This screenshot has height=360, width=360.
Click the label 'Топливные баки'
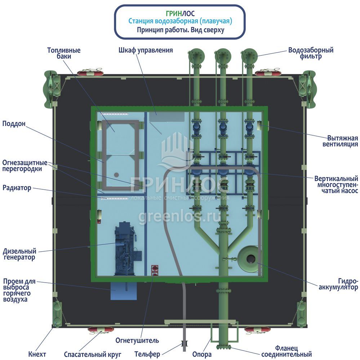[x=64, y=53]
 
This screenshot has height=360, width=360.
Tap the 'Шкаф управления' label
[x=146, y=50]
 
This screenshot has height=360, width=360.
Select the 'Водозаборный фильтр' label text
[x=311, y=53]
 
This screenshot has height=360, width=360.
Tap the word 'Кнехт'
[x=37, y=354]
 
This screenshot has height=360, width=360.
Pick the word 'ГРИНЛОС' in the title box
[x=180, y=14]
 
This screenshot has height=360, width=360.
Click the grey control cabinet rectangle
[x=167, y=117]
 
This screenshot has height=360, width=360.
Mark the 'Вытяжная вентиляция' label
[x=342, y=141]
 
